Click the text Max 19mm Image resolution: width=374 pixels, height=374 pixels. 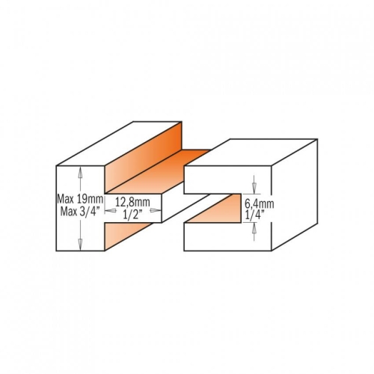[80, 199]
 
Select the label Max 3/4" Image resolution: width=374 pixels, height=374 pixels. [80, 212]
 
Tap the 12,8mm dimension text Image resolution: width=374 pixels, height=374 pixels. [132, 202]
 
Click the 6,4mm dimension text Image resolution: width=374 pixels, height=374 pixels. [260, 204]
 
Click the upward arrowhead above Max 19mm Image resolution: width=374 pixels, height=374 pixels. [80, 172]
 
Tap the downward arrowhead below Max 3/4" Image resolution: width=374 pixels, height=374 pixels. [80, 244]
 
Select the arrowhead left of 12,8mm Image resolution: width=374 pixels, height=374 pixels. [111, 211]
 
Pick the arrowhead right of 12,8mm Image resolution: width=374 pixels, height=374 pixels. [156, 210]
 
